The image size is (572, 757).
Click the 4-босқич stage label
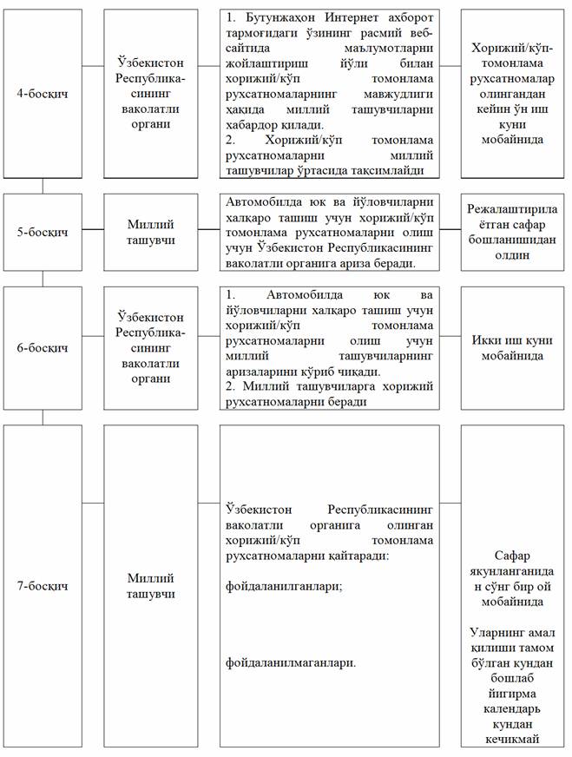43,92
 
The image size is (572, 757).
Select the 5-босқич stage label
43,232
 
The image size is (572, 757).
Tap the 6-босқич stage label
43,348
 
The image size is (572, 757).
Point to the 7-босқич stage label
43,586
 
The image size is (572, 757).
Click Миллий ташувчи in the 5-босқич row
150,232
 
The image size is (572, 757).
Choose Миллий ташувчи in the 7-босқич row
150,586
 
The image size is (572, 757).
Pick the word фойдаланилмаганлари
289,662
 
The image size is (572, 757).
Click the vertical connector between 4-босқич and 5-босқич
43,188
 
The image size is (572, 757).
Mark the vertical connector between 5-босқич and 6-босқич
43,279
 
